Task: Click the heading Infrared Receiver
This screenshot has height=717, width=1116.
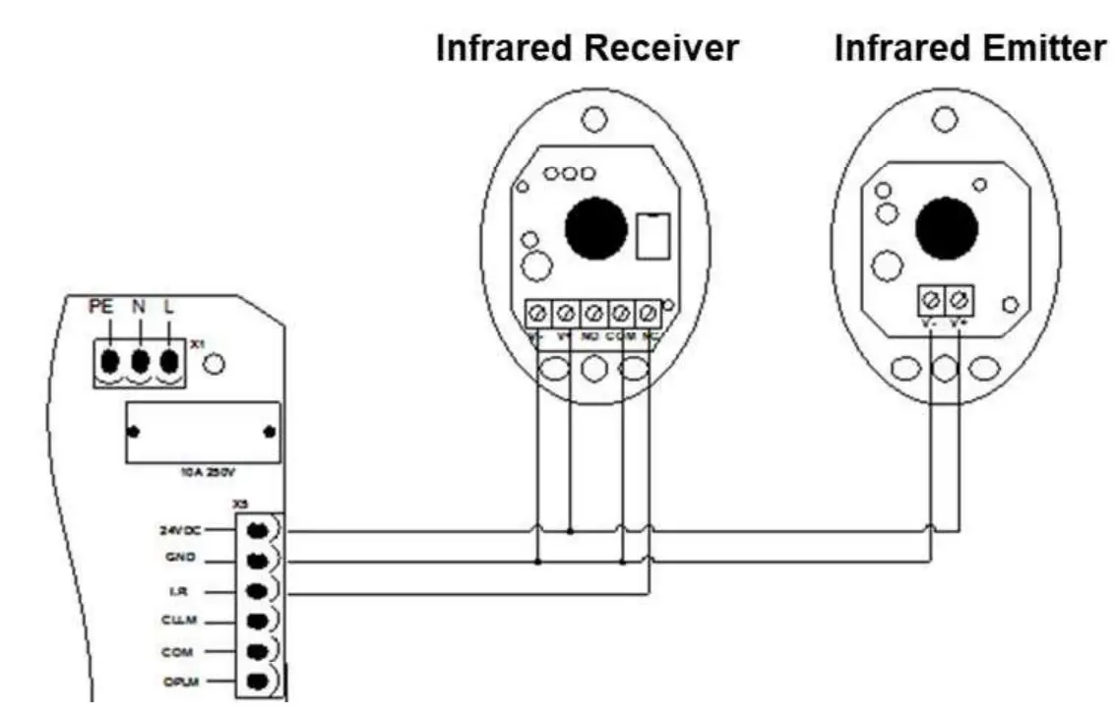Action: point(588,48)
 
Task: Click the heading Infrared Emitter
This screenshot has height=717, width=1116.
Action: point(969,48)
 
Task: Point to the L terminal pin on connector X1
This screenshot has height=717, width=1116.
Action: point(170,360)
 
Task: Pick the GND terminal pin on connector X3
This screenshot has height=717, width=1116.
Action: point(257,561)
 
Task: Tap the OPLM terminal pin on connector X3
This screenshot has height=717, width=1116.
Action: point(257,682)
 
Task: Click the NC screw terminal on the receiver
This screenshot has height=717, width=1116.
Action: point(649,314)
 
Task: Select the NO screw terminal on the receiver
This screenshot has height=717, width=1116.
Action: point(593,314)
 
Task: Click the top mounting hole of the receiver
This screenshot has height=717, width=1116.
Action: point(592,120)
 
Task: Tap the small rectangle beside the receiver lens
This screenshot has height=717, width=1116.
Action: point(651,236)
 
